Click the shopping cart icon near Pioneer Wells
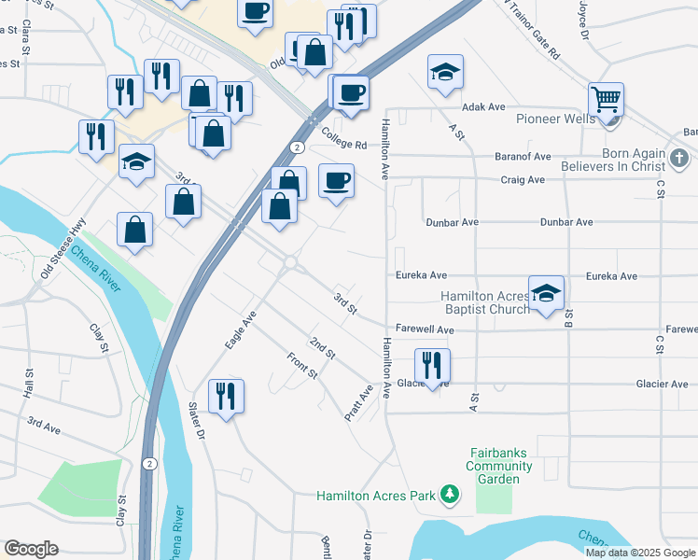tap(606, 99)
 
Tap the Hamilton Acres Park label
tap(376, 495)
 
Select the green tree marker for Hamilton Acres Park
tap(450, 493)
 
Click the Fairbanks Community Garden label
tap(501, 466)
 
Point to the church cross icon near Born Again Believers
tap(679, 157)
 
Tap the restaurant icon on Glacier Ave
tap(431, 364)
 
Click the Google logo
tap(31, 549)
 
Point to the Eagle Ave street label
tap(240, 330)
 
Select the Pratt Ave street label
tap(360, 402)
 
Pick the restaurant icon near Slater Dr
tap(224, 396)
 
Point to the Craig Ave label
tap(523, 179)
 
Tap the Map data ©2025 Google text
tap(640, 553)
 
